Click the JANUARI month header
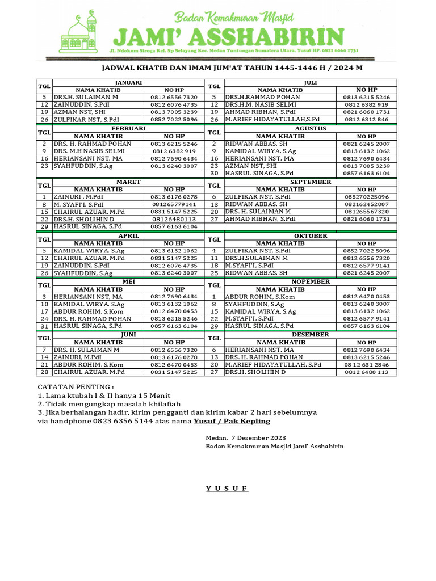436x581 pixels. click(x=128, y=83)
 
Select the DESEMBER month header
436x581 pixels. click(x=311, y=335)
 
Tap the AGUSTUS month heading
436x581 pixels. click(x=311, y=129)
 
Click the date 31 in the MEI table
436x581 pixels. click(x=44, y=326)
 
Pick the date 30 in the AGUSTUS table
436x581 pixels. click(x=214, y=174)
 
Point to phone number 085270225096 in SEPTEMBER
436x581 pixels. click(x=366, y=197)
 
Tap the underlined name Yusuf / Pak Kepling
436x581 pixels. click(x=232, y=422)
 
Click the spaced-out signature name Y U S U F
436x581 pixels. click(x=227, y=489)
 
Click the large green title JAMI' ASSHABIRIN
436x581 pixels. click(x=228, y=38)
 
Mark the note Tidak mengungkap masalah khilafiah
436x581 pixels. click(x=104, y=404)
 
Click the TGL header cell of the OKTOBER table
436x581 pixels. click(x=214, y=239)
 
